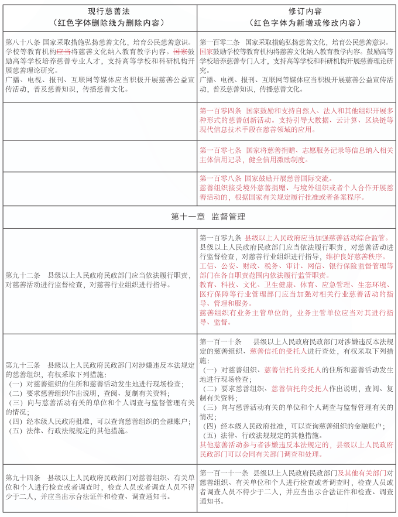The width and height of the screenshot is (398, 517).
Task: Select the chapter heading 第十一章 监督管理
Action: [199, 217]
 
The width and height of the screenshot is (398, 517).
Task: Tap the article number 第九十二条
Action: [22, 276]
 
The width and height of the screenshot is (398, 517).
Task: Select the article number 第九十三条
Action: [22, 364]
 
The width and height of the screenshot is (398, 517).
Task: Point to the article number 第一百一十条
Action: [220, 342]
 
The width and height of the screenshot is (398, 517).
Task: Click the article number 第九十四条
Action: [22, 478]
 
